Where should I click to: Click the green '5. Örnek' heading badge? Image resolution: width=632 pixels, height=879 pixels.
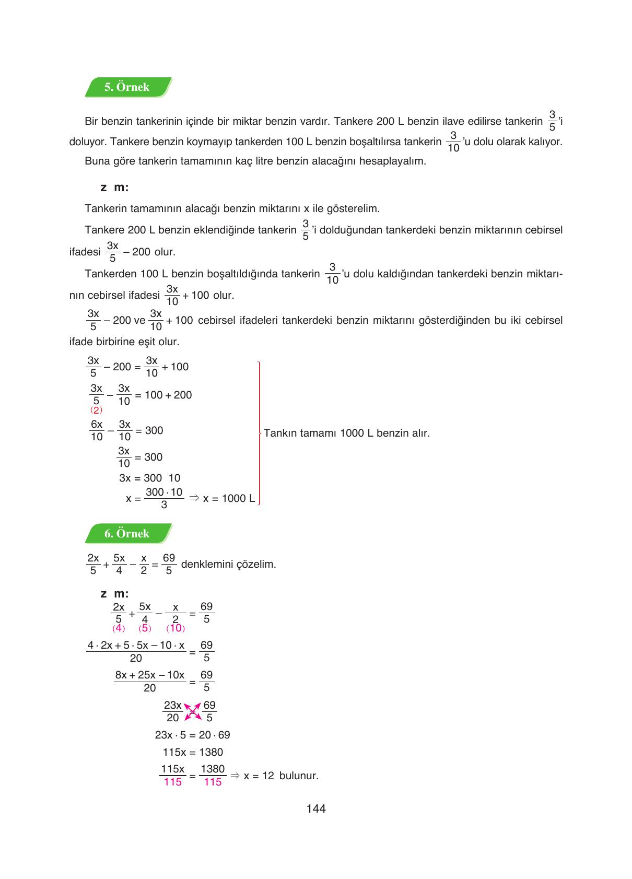127,87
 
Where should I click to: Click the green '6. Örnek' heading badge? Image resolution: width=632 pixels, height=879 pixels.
127,534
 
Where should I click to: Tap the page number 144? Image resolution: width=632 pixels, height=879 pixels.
316,808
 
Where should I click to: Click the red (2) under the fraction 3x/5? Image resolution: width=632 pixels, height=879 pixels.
96,410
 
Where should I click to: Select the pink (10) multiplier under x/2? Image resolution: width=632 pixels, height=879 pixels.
175,628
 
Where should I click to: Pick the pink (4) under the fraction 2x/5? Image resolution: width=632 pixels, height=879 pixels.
119,628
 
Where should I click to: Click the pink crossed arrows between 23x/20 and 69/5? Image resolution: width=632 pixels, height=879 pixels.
192,711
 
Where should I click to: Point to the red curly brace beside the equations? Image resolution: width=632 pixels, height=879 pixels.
259,432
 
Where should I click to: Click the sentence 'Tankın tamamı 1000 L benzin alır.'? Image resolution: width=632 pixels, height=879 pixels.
347,433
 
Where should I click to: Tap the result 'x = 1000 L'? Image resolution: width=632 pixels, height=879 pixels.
229,498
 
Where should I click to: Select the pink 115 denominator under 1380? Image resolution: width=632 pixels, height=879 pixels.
213,782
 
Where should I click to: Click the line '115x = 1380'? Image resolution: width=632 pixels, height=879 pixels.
193,752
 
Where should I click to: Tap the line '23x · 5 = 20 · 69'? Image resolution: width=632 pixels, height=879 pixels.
192,735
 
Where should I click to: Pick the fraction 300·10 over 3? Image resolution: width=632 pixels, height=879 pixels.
164,498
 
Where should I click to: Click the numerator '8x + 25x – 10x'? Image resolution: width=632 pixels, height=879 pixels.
149,675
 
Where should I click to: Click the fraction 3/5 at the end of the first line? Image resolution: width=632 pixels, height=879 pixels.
552,121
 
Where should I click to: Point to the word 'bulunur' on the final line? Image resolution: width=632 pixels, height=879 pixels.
299,776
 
